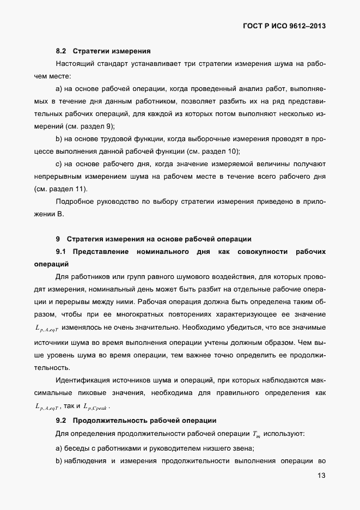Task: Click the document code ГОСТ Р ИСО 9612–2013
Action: pos(280,26)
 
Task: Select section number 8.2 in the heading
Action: pos(61,52)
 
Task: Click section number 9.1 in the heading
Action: pos(61,251)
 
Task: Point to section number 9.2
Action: pos(61,420)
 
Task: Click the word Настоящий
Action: pos(76,64)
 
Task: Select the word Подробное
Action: pos(77,202)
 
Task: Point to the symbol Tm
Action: pos(257,434)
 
